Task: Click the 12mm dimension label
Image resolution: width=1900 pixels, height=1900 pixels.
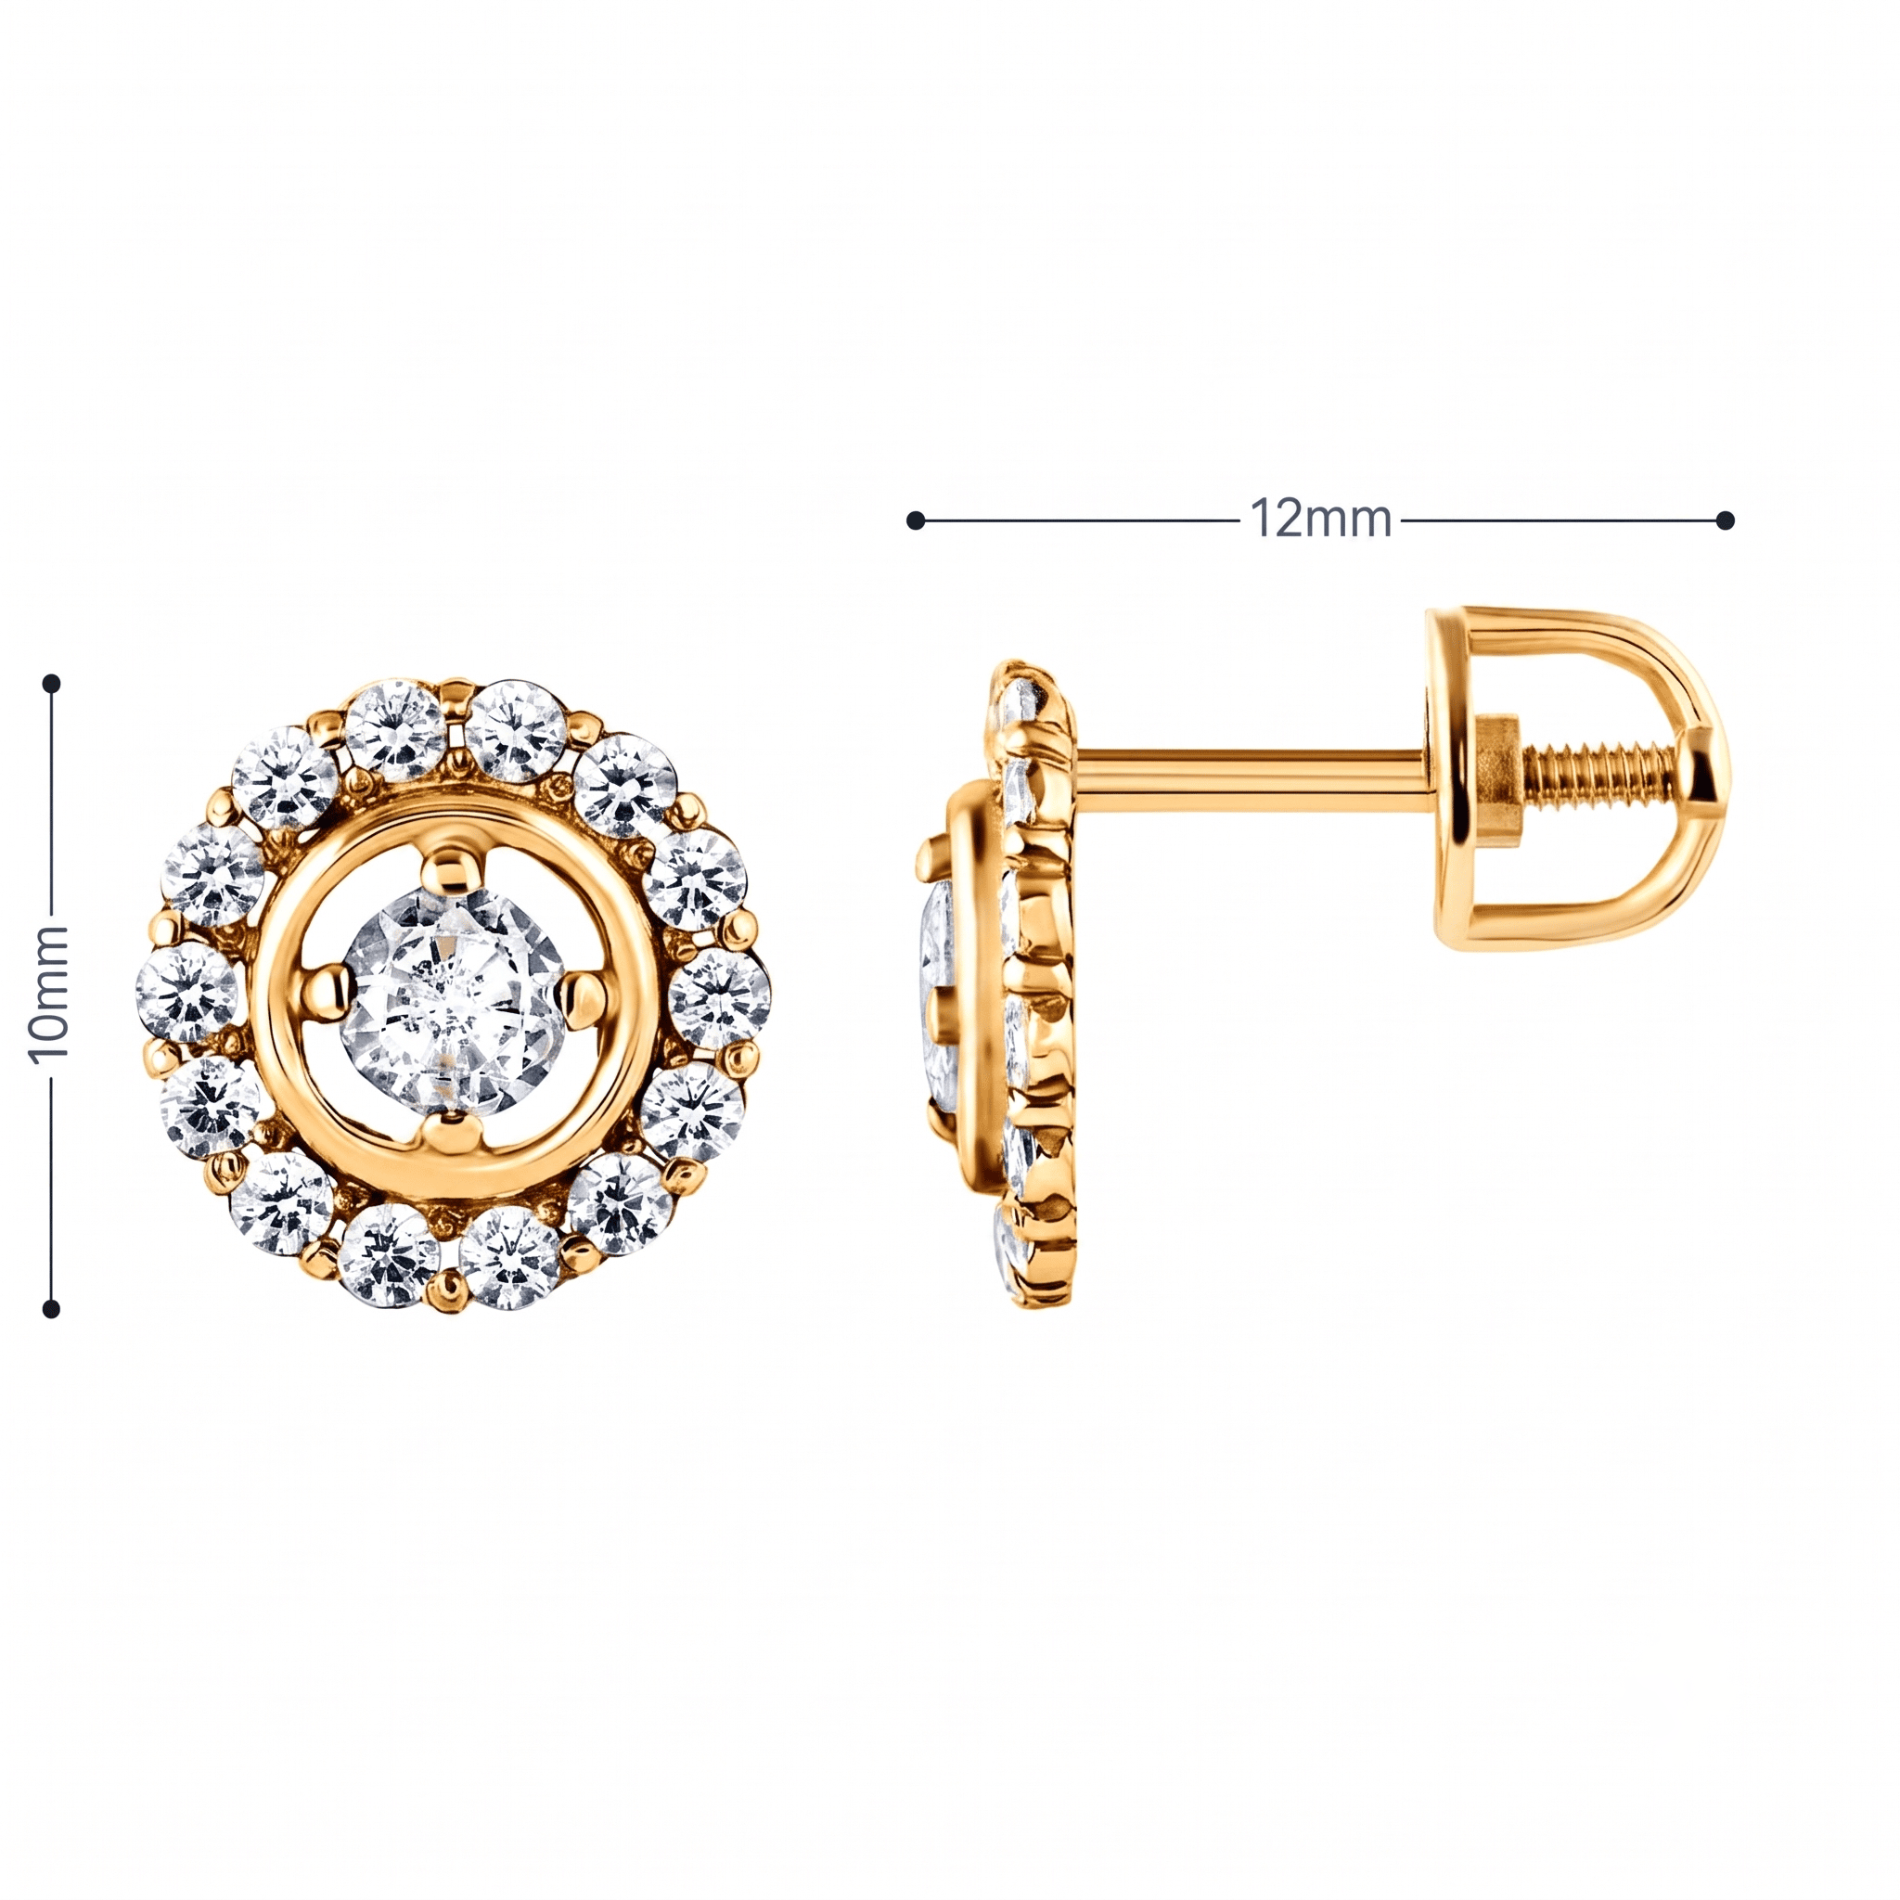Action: point(1320,519)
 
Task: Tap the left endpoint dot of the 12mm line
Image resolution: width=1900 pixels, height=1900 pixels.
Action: point(916,520)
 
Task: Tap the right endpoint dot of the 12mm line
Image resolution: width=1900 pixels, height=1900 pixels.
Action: point(1725,520)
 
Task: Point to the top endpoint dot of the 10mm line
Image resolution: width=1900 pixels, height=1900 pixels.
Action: point(52,683)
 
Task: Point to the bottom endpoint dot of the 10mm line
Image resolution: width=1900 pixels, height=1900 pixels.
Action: point(52,1309)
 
